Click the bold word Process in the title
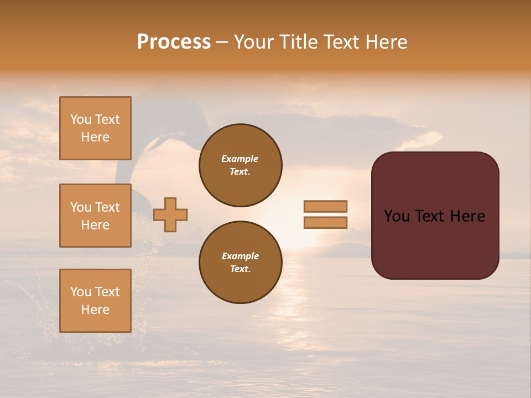click(x=174, y=42)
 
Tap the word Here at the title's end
click(x=387, y=42)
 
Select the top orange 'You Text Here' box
click(x=95, y=128)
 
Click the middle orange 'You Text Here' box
click(x=95, y=216)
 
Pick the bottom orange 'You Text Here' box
click(x=95, y=300)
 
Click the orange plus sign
click(x=170, y=214)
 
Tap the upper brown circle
click(x=241, y=165)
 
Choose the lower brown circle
click(x=241, y=263)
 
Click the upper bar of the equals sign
click(x=326, y=206)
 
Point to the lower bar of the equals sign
click(x=326, y=222)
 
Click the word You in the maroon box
click(x=397, y=216)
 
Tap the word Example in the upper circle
click(x=240, y=159)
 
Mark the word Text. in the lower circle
click(x=240, y=269)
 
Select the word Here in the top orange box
click(x=95, y=137)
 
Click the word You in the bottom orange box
click(x=80, y=292)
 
